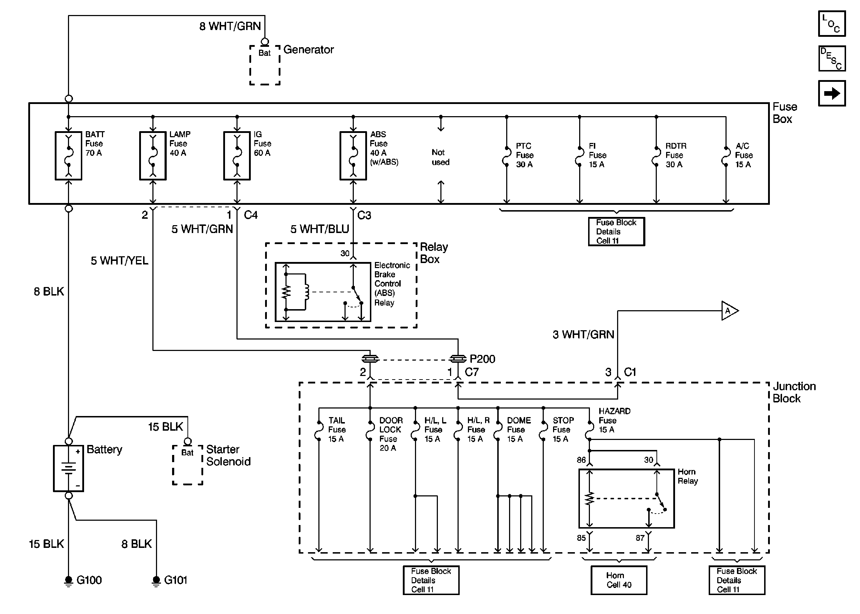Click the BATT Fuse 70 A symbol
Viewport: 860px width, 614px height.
[68, 155]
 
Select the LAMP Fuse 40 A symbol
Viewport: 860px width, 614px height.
[153, 155]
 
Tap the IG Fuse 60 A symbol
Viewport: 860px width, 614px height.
[237, 155]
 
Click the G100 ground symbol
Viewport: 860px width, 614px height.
[68, 580]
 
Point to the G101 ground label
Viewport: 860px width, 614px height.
[176, 580]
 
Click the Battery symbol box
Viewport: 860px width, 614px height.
[68, 468]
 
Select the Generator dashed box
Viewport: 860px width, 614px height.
[265, 65]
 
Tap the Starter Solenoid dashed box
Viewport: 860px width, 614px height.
[188, 465]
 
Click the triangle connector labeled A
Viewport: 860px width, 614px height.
[729, 311]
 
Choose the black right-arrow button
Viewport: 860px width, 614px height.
[832, 93]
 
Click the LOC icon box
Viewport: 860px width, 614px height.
[832, 24]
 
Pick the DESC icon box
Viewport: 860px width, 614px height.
[832, 58]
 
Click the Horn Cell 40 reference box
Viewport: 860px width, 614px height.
[619, 580]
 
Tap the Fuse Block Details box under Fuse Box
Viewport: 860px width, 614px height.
[616, 231]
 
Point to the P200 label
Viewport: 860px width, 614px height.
[482, 359]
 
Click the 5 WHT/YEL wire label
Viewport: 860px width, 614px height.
[119, 261]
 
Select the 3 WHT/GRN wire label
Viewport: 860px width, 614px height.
[583, 334]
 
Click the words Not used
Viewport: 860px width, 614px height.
[440, 157]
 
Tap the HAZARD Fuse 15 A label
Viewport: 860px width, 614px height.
[615, 420]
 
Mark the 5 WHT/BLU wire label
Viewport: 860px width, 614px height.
[320, 229]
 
